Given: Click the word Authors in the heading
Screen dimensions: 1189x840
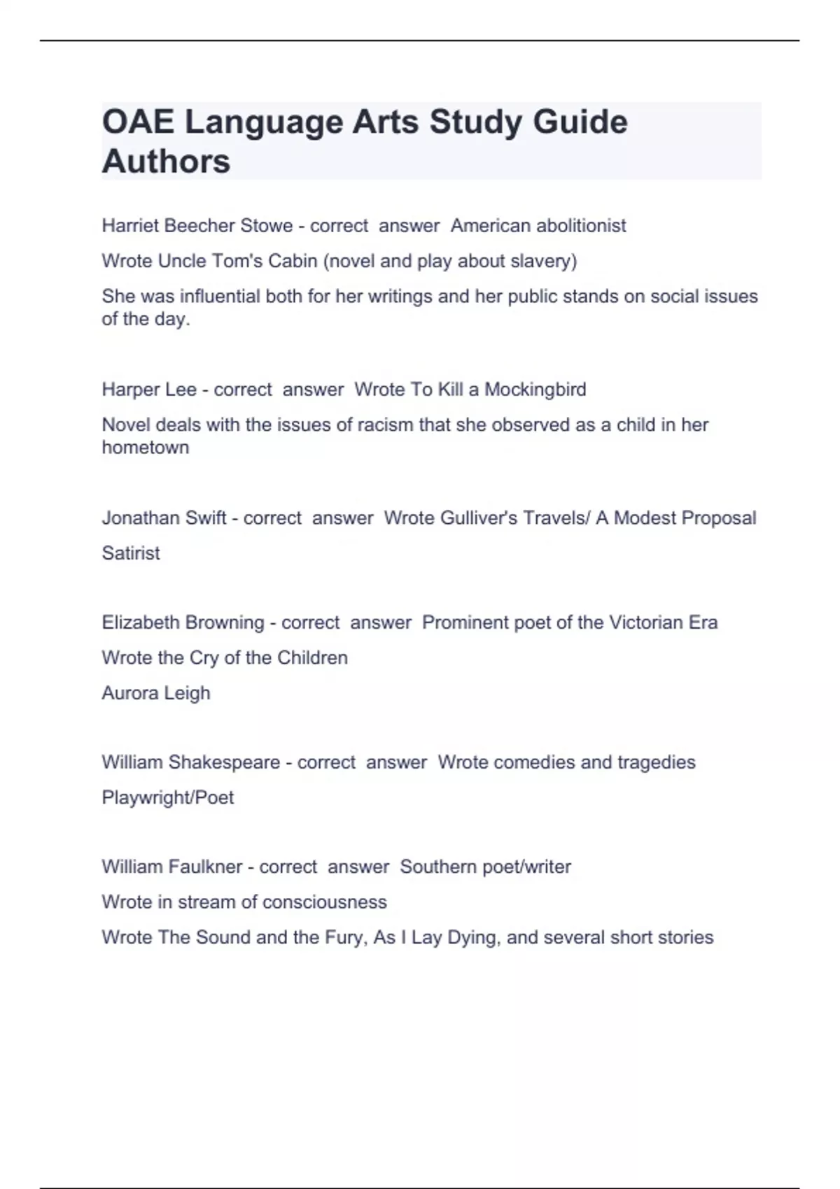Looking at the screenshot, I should point(166,162).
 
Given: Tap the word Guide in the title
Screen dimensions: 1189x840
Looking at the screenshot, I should point(580,122).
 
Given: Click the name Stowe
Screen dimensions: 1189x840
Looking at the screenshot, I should point(267,226).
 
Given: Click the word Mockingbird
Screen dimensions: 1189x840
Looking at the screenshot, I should point(535,390).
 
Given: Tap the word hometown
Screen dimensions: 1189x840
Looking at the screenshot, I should point(146,448).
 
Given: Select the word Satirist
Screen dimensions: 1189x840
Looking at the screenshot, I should point(131,553).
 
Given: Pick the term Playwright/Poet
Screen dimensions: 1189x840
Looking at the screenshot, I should point(168,797).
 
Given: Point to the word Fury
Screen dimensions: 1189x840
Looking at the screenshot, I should point(345,937).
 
